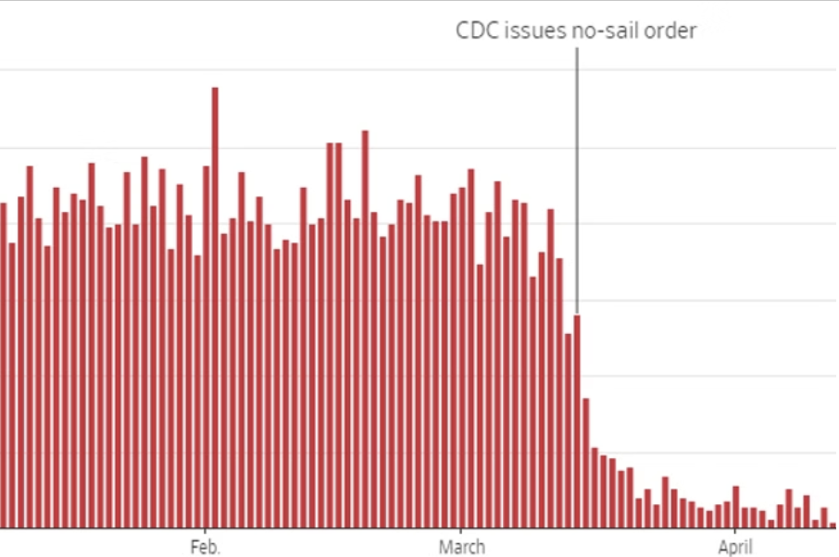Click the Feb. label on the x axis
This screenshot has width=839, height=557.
coord(206,547)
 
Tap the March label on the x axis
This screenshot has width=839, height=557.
coord(461,547)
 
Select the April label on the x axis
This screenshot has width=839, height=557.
coord(734,547)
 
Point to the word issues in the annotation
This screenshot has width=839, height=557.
coord(527,31)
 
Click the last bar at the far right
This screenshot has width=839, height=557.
coord(833,526)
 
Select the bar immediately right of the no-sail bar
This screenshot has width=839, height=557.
coord(585,463)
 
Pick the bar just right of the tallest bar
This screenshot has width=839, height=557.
coord(224,380)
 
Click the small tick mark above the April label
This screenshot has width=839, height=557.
coord(734,532)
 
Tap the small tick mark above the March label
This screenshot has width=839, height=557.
coord(461,532)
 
